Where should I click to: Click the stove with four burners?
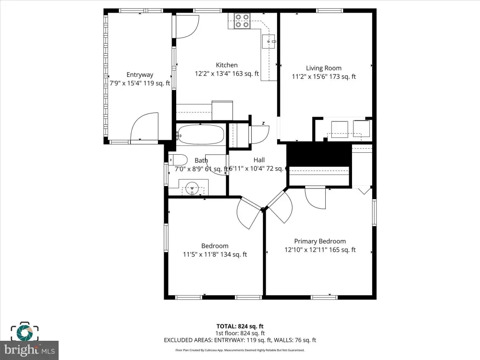(242, 21)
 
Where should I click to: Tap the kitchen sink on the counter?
(270, 41)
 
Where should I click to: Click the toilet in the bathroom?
(178, 160)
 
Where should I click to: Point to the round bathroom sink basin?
(192, 190)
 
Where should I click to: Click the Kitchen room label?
(226, 65)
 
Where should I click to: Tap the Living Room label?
(323, 68)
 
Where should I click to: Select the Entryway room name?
(140, 75)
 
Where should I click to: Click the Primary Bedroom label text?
(320, 241)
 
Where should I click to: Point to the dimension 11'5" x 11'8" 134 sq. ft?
(215, 255)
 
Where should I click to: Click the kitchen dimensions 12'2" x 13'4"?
(226, 74)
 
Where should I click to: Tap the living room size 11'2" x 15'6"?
(323, 76)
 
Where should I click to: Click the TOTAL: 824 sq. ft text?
(240, 326)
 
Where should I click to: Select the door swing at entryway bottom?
(144, 127)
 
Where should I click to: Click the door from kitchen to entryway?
(187, 27)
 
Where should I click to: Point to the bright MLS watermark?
(29, 349)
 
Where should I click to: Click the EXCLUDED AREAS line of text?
(240, 340)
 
